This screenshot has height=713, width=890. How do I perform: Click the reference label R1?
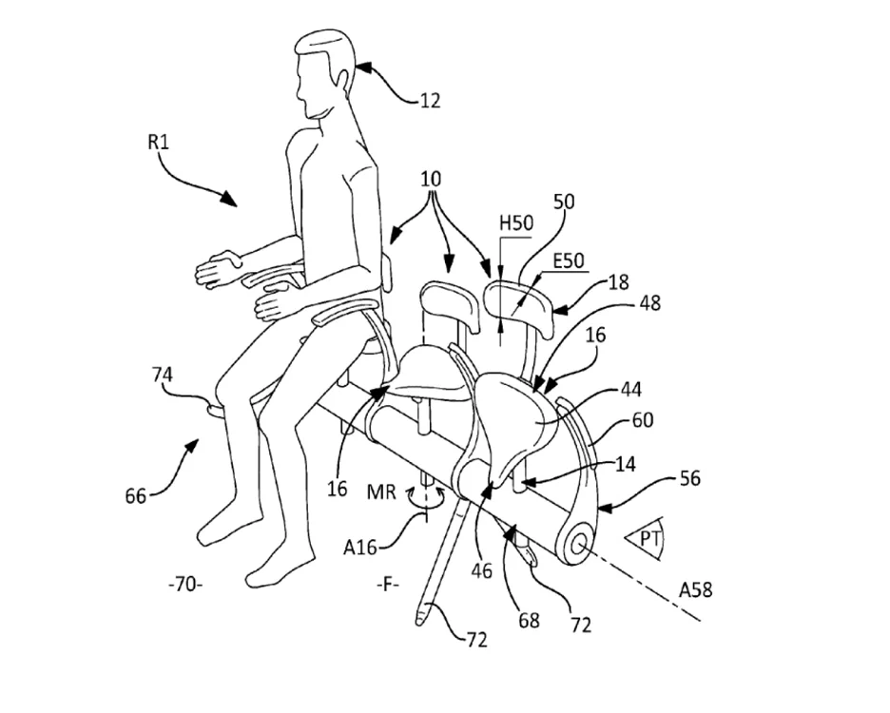click(x=159, y=142)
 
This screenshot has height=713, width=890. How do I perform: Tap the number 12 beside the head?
click(x=430, y=101)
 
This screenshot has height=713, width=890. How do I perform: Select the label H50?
click(x=516, y=223)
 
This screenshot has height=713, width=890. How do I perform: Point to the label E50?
click(x=569, y=260)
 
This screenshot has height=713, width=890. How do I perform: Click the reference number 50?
click(x=564, y=202)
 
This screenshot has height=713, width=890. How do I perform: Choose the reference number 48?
click(x=649, y=303)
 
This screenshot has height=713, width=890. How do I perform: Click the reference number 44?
click(x=630, y=390)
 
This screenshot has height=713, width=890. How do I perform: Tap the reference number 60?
click(x=643, y=420)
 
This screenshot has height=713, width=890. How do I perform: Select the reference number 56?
click(x=689, y=478)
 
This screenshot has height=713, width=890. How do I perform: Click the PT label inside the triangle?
click(x=648, y=538)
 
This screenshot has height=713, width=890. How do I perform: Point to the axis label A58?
click(x=695, y=590)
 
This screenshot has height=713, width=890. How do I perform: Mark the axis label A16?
click(x=359, y=548)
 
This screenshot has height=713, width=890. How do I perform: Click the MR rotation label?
click(x=381, y=491)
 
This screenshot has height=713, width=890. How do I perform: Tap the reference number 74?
click(x=163, y=375)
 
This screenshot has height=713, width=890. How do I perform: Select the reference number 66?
click(x=136, y=495)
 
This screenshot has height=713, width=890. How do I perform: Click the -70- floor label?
click(x=185, y=584)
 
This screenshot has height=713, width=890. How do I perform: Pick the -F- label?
click(x=388, y=584)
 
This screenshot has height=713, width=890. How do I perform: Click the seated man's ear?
click(x=342, y=78)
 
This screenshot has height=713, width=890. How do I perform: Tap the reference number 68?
click(x=529, y=620)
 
